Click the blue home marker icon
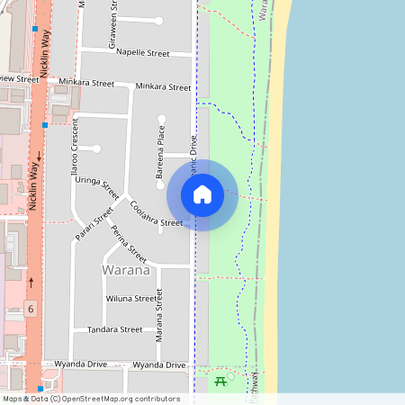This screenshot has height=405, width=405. coord(202,194)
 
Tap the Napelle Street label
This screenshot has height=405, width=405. coord(143,53)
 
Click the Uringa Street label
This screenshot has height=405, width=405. coord(97,178)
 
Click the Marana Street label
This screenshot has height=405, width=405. coord(159,313)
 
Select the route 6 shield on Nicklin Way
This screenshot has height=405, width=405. coord(31,310)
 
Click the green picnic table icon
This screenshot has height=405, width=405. coord(221,382)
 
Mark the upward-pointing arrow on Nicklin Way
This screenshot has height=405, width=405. coord(32,282)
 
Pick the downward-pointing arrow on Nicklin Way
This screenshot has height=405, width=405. coord(40,157)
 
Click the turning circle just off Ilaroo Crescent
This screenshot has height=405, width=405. coord(95,148)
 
